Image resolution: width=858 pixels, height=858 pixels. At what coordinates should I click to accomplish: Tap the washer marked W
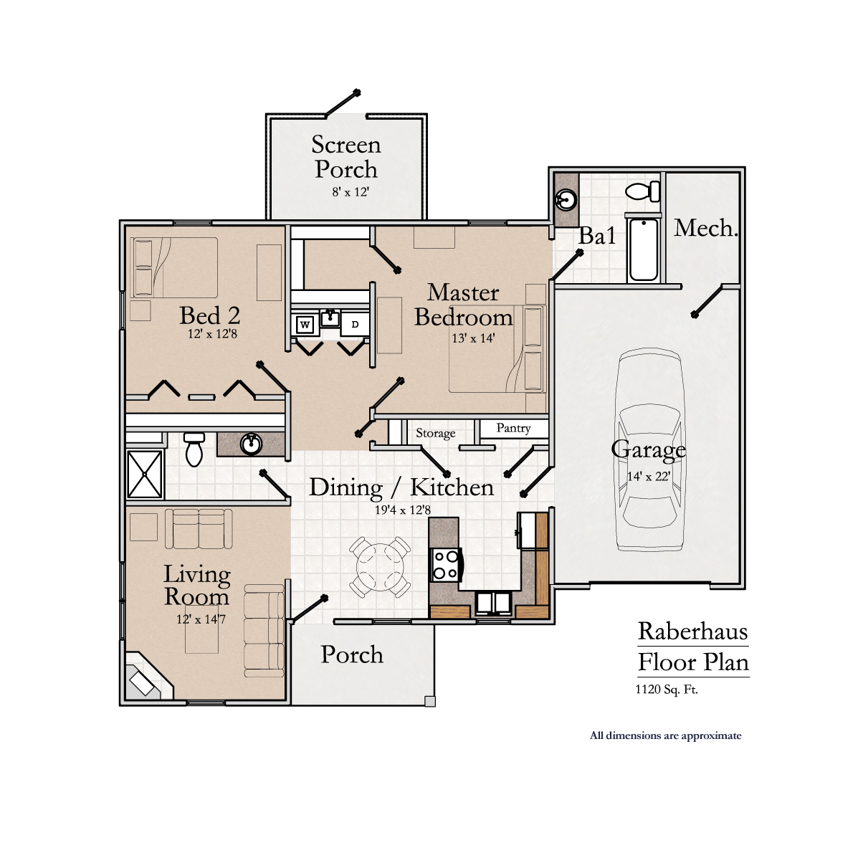(305, 325)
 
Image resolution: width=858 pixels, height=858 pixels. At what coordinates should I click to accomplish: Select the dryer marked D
(355, 325)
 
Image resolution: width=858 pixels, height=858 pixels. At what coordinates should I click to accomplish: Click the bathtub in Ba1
(643, 250)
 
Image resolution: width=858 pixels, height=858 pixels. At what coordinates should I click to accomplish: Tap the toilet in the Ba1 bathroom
(642, 191)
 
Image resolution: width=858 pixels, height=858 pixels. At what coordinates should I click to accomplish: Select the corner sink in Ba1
(566, 199)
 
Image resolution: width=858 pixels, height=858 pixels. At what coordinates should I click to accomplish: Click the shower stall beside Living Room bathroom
(145, 474)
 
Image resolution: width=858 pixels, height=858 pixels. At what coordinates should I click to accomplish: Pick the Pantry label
(513, 428)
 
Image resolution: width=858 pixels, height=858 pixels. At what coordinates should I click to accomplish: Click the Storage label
(435, 433)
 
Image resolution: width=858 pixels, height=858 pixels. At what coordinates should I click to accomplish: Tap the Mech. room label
(705, 229)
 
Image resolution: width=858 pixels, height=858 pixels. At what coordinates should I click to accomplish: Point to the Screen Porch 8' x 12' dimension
(351, 192)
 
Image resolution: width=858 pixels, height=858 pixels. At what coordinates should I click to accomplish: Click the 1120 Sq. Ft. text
(666, 690)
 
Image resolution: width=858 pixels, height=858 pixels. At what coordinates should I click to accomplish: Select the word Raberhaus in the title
(692, 631)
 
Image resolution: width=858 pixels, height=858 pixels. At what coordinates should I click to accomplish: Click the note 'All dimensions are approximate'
(665, 735)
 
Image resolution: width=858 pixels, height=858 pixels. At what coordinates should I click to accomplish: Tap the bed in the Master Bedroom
(496, 349)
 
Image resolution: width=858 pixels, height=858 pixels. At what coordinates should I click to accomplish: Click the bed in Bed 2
(174, 267)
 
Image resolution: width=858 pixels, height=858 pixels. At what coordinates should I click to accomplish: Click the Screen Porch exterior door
(341, 105)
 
